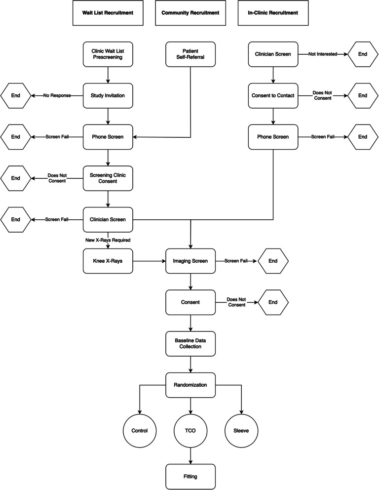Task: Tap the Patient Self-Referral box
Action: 191,55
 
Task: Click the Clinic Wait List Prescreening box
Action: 108,55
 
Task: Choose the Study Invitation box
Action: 108,96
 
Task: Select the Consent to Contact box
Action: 273,96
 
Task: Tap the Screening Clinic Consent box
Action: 108,178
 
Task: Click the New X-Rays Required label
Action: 108,240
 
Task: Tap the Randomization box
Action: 191,384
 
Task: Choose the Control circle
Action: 140,430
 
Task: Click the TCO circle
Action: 191,430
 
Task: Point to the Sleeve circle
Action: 241,430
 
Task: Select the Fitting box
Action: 191,476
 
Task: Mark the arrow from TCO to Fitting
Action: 191,455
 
